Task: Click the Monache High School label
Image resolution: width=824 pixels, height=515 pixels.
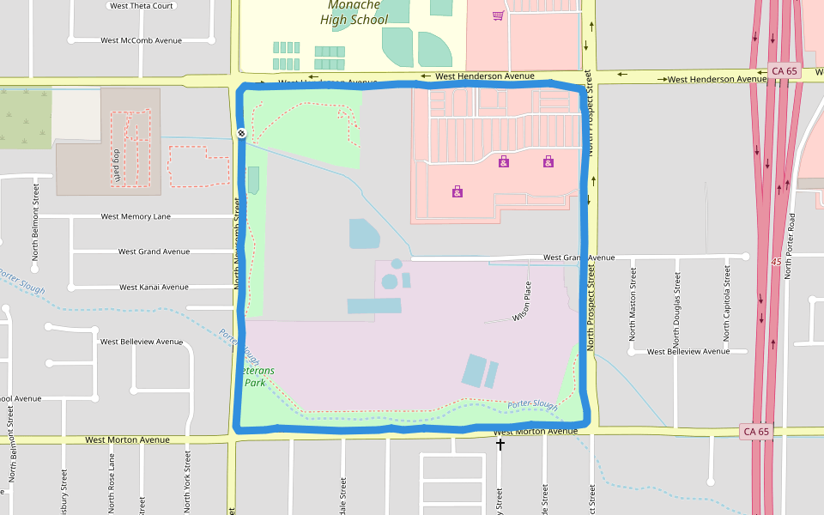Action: [354, 13]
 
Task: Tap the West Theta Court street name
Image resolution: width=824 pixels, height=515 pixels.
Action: [142, 5]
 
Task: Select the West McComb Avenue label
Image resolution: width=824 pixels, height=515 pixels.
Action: [142, 40]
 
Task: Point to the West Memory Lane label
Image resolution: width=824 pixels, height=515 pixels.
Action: [136, 217]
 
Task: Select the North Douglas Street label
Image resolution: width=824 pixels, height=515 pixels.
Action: [676, 303]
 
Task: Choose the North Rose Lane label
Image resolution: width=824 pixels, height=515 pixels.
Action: [112, 484]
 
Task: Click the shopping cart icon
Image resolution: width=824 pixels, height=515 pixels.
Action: [498, 15]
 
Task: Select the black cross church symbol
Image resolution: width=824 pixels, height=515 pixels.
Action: [500, 445]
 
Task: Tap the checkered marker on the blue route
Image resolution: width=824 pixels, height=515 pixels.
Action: [242, 133]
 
